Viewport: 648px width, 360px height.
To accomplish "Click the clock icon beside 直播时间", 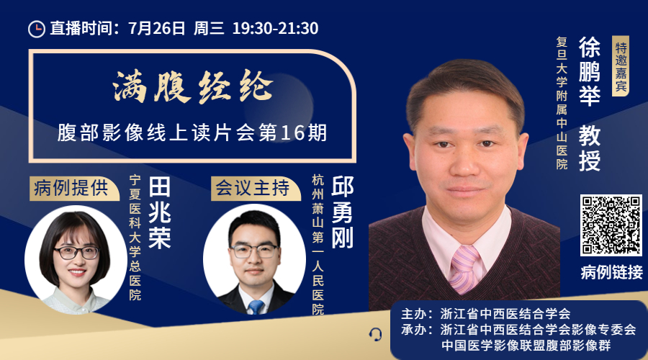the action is (37, 29).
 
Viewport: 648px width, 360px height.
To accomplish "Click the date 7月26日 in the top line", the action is (157, 28).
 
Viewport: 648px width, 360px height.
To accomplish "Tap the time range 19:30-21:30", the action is (275, 28).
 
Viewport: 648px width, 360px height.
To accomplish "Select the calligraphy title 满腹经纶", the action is (192, 86).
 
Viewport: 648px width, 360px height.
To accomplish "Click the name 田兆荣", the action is (160, 213).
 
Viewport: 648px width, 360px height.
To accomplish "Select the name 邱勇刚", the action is (342, 212).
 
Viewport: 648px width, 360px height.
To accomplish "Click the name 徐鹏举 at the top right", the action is (589, 71).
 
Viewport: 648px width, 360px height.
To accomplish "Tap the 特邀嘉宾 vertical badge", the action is (621, 66).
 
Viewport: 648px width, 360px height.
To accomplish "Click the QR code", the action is (611, 225).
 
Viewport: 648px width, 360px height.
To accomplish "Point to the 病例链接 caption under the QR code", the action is (611, 272).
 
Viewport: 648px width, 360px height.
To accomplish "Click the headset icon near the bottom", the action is (375, 334).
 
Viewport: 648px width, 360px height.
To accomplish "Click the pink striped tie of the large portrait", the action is (464, 269).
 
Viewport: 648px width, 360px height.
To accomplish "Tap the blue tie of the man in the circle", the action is (256, 307).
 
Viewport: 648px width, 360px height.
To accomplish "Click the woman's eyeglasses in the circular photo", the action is (77, 252).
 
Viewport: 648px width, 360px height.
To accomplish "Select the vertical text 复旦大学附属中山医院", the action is (562, 103).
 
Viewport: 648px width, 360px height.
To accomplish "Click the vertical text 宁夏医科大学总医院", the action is (135, 238).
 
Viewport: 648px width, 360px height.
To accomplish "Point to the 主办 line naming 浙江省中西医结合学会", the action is (485, 314).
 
